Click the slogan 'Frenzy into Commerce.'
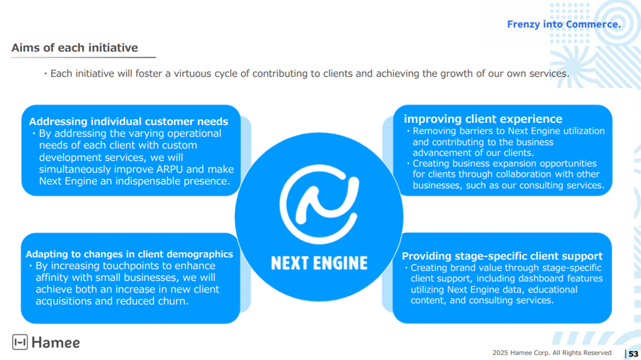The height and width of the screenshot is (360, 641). coord(564,24)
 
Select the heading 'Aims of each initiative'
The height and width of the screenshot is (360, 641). coord(75,48)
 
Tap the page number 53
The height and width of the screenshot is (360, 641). coord(633,354)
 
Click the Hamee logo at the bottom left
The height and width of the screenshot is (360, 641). coord(46,342)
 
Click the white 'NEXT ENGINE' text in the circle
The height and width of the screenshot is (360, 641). coord(319,263)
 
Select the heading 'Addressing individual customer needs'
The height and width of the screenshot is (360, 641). coord(128,121)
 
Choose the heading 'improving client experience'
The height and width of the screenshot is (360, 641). coord(483,119)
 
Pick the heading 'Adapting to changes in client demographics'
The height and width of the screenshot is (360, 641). coord(129,254)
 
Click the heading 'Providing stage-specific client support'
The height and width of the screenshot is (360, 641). coord(502,256)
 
